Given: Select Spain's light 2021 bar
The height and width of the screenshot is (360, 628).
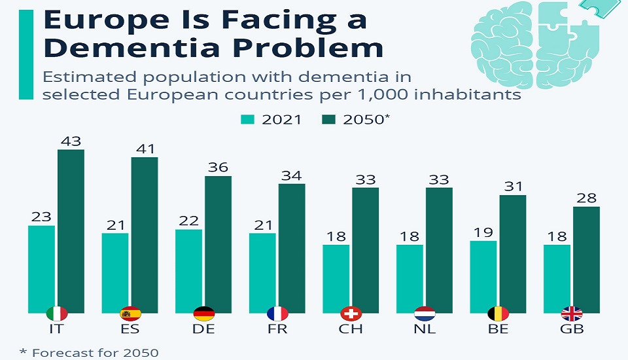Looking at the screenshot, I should (x=115, y=272).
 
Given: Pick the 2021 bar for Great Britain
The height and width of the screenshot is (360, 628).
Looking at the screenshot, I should (x=557, y=278).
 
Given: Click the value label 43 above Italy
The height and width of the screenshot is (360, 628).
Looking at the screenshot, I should (x=71, y=141).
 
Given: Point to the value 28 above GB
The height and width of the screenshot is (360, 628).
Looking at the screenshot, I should (x=586, y=198).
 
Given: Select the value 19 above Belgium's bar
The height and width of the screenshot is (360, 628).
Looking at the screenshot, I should (x=483, y=232).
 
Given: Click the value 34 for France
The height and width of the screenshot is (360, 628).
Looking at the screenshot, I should (x=292, y=175).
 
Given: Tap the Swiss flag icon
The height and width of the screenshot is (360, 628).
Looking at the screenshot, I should (x=351, y=314).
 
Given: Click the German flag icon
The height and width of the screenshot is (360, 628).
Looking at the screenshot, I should (x=204, y=314).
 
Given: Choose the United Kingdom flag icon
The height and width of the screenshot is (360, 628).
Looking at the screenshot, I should (x=572, y=314).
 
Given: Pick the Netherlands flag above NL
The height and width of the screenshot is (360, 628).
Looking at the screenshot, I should (x=425, y=314).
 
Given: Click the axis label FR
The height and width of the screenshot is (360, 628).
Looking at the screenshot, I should (x=277, y=329).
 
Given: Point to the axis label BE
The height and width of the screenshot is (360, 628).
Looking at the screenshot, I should (x=498, y=329).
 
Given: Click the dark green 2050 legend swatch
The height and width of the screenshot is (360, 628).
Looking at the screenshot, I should (x=328, y=119).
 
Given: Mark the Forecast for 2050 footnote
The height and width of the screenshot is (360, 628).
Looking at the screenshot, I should (x=89, y=353).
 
